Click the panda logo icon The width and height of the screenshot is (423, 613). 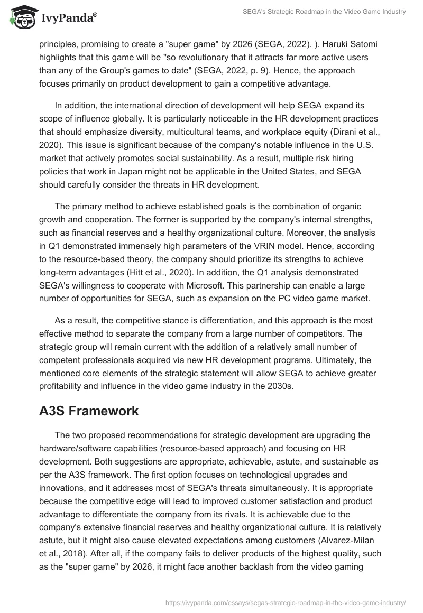pos(20,17)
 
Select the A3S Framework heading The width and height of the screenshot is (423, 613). pos(89,411)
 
